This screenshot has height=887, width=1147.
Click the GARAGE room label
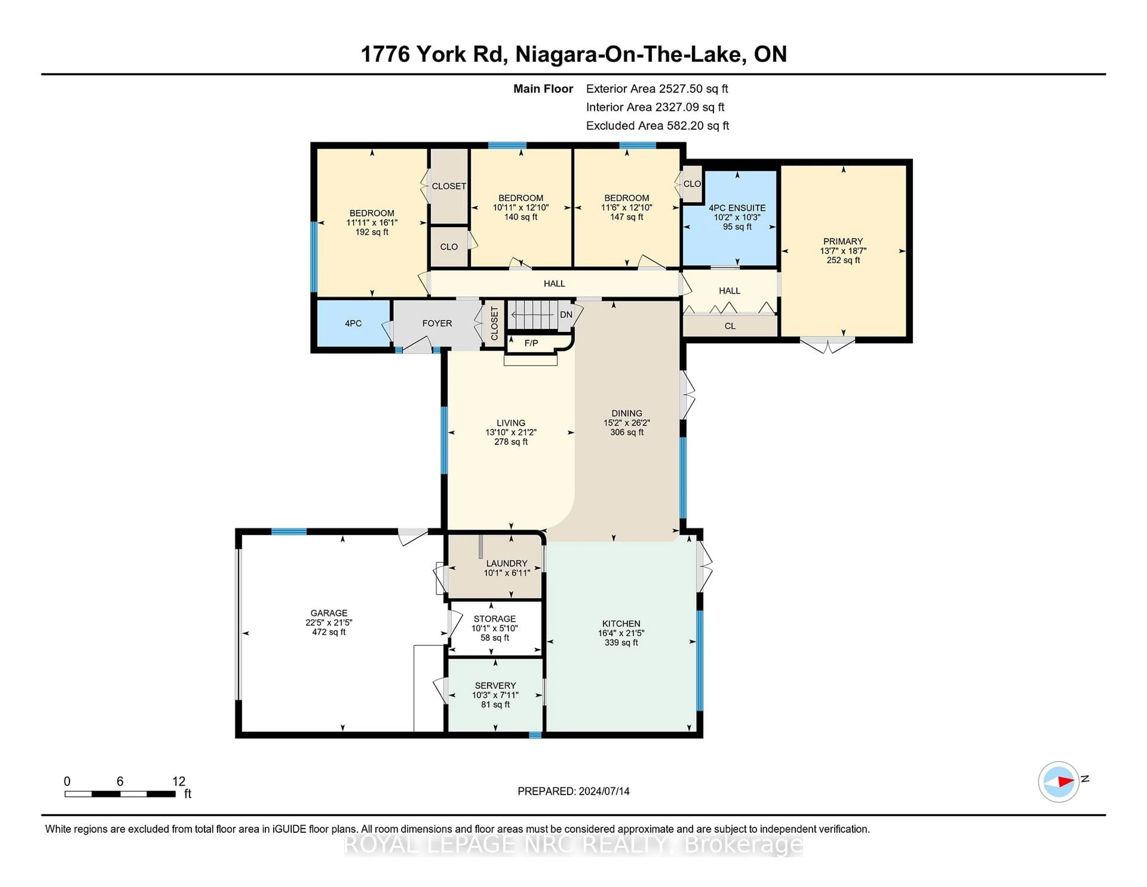(x=329, y=613)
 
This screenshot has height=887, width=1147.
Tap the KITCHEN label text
(x=621, y=623)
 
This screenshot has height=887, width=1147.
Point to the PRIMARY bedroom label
(x=843, y=241)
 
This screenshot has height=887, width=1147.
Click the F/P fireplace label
(x=531, y=343)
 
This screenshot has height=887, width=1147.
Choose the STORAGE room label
(x=495, y=619)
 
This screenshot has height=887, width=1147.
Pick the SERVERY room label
(x=495, y=685)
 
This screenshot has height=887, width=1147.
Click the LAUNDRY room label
(x=507, y=563)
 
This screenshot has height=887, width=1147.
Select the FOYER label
(x=437, y=323)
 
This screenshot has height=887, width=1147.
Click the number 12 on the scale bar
(x=179, y=782)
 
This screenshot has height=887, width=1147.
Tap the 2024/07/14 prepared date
(x=603, y=791)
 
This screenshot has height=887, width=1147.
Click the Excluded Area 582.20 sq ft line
(x=657, y=126)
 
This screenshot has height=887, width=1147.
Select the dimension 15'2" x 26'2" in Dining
(x=627, y=423)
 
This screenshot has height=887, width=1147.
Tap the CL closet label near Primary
(x=730, y=326)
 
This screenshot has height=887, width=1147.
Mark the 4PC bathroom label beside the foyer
(x=353, y=323)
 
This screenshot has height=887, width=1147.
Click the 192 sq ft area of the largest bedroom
(x=372, y=232)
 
